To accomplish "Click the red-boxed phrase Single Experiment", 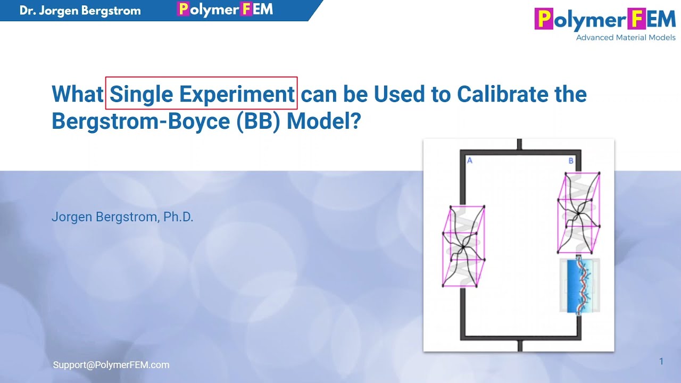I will point(201,94).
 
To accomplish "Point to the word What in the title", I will point(77,94).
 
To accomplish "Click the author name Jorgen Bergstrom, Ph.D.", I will point(122,217).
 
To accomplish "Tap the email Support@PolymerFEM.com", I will point(111,365).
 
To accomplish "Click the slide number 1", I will point(661,362).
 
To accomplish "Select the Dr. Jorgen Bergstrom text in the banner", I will point(80,11).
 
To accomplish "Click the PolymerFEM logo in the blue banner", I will point(225,10).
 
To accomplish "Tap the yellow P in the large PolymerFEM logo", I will point(544,20).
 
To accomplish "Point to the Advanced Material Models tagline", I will point(626,38).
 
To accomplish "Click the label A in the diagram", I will point(469,160).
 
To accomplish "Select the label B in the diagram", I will point(571,160).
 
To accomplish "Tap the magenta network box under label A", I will point(463,246).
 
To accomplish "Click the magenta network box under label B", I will point(578,213).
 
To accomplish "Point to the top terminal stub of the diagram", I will point(519,144).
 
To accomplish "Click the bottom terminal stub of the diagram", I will point(519,346).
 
